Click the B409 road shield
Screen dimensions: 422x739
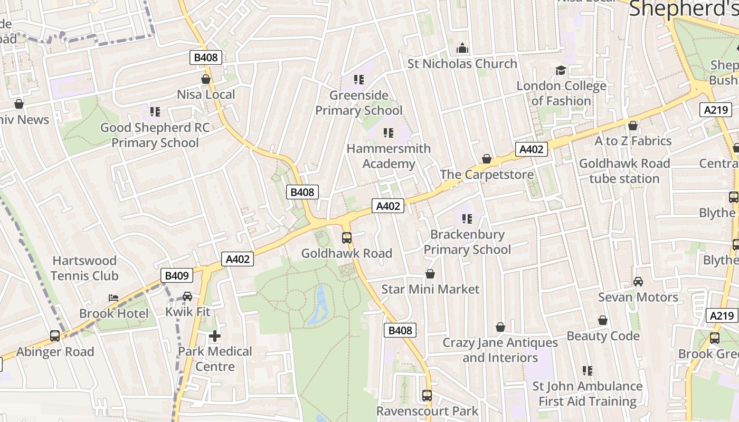(x=177, y=275)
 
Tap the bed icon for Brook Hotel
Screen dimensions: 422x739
(x=113, y=298)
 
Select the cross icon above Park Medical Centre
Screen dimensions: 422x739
(x=215, y=335)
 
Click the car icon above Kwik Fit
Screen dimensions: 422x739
(x=187, y=296)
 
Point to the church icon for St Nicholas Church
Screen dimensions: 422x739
(x=462, y=49)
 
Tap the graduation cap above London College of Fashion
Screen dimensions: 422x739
(x=561, y=70)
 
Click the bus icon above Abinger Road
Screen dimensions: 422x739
(x=55, y=336)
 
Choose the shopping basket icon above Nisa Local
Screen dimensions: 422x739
(x=206, y=79)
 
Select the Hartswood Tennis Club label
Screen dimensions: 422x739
(x=84, y=268)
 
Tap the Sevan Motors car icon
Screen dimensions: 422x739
(x=638, y=282)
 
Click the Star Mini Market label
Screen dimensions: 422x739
(x=430, y=289)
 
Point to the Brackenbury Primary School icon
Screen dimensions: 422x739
(x=467, y=218)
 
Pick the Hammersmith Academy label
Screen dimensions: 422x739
(x=389, y=156)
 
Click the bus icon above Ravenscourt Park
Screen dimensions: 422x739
(x=427, y=395)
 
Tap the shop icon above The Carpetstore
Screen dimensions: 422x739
(x=487, y=159)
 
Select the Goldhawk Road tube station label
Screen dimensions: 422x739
(x=624, y=171)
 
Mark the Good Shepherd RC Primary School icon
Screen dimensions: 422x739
(x=155, y=112)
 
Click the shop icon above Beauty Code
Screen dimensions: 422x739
(x=603, y=320)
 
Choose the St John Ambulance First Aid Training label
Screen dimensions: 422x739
(x=588, y=394)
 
